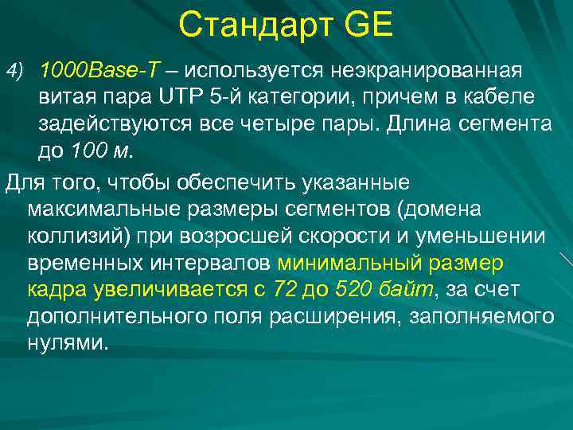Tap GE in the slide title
click(368, 26)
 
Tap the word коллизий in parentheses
click(76, 236)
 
